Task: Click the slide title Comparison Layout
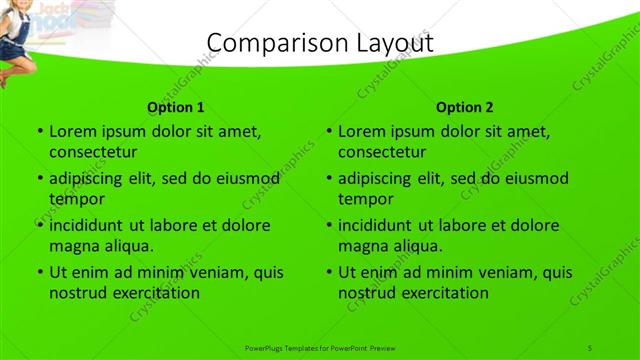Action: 319,42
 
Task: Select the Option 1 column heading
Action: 176,107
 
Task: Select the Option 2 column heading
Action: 464,107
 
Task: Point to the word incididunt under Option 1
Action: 85,225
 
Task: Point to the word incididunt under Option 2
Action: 374,225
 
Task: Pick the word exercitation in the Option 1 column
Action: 156,293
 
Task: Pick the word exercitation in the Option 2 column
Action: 445,293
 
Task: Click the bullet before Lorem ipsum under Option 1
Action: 39,131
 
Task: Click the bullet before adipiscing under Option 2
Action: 328,179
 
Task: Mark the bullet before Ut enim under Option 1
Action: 39,273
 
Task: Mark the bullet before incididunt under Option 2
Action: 328,226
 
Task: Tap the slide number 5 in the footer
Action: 591,347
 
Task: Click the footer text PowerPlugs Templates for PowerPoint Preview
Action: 320,347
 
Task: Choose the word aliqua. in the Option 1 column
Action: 124,246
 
